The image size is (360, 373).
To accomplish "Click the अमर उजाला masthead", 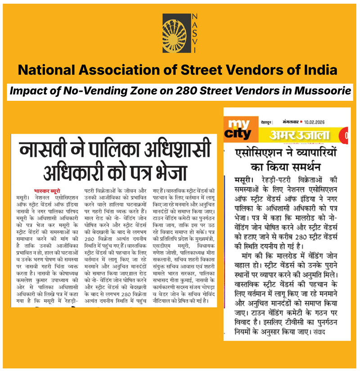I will click(x=300, y=135).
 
